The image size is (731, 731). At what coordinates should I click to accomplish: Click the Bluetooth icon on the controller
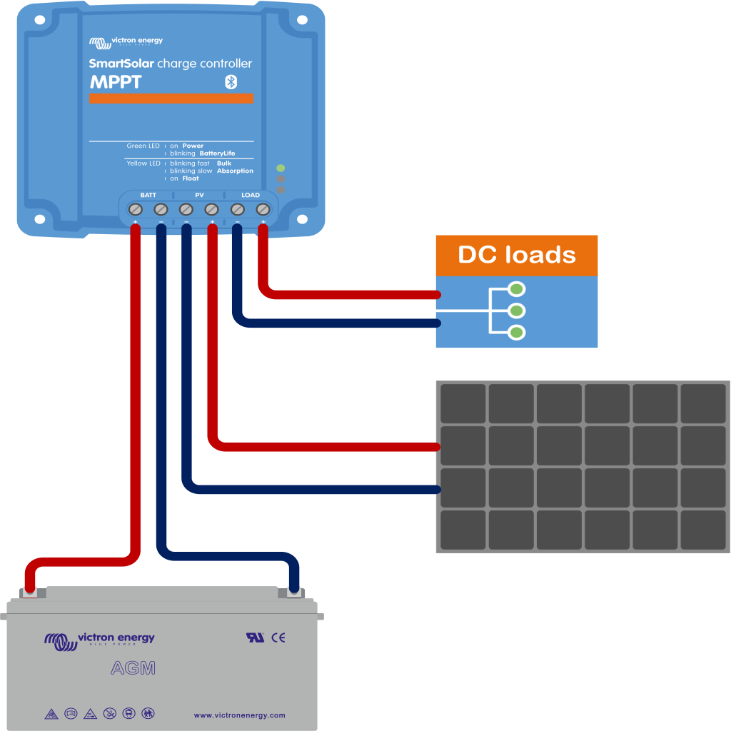click(231, 82)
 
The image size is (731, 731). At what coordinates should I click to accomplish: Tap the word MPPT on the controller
click(116, 82)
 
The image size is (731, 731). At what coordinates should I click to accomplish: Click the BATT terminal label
click(148, 195)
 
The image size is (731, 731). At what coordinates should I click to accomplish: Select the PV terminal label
click(199, 195)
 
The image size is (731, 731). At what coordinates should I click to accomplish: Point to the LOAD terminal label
click(251, 195)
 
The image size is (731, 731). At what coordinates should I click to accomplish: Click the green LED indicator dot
click(281, 168)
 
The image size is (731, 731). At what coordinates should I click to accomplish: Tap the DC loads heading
click(516, 255)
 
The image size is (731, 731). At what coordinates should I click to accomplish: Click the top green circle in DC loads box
click(517, 289)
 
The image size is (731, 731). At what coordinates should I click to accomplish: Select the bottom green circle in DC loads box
click(517, 332)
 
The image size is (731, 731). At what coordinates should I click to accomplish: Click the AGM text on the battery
click(133, 669)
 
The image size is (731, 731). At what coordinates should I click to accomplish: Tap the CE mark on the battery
click(278, 637)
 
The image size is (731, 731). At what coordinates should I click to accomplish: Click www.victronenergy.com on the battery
click(239, 715)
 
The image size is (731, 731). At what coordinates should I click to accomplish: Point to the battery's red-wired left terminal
click(30, 591)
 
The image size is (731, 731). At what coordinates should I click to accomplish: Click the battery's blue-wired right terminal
click(293, 591)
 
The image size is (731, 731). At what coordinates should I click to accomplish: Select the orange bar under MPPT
click(171, 99)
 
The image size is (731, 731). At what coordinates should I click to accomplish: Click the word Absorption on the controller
click(235, 171)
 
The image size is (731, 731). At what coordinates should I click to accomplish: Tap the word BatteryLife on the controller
click(217, 153)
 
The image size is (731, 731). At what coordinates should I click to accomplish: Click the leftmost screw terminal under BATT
click(136, 209)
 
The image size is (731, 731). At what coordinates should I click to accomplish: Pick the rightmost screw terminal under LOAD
click(263, 209)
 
